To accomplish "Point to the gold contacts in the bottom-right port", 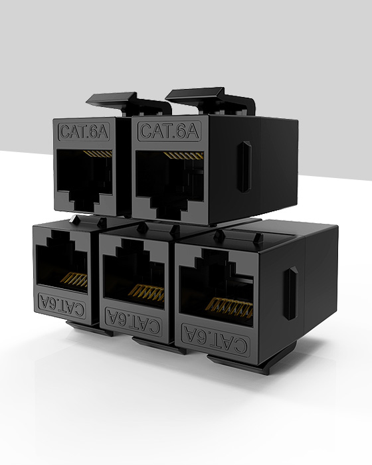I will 229,306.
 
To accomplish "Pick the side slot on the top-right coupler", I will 245,166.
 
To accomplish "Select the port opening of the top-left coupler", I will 86,176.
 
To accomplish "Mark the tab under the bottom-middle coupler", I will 159,343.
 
